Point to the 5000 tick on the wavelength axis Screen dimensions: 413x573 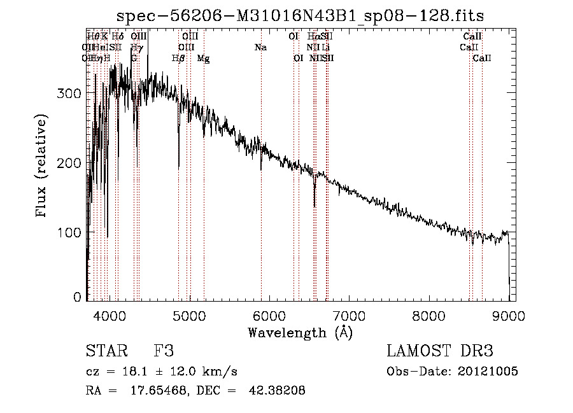(189, 315)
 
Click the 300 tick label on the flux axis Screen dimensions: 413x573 (71, 94)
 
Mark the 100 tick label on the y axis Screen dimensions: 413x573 (71, 232)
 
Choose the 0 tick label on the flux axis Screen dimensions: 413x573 (78, 297)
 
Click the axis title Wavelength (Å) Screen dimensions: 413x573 (300, 332)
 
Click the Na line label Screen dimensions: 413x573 (260, 48)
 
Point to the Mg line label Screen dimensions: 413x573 (203, 59)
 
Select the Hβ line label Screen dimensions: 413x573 (178, 59)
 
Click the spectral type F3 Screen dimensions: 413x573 (164, 351)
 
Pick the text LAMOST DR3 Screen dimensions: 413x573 (439, 351)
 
